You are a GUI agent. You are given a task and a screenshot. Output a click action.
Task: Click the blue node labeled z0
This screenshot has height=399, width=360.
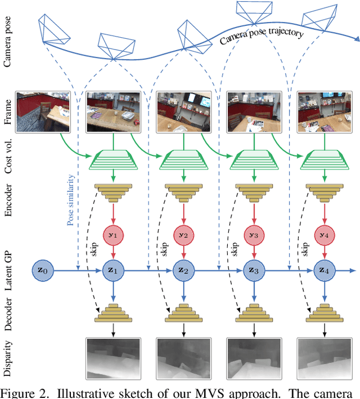(43, 271)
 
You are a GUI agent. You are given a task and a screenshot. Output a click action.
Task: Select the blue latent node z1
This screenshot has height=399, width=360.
(112, 271)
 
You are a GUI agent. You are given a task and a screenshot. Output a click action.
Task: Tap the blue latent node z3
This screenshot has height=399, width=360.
(253, 271)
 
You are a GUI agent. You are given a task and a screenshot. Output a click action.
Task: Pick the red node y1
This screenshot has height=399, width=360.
(112, 235)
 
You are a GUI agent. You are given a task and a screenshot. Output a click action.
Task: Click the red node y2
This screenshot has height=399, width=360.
(182, 235)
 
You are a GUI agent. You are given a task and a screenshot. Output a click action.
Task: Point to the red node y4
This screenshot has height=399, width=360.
(323, 235)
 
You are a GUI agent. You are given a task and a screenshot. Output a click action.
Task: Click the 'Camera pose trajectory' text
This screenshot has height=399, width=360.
(261, 37)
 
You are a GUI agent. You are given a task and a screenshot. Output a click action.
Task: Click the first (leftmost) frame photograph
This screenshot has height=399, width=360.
(42, 111)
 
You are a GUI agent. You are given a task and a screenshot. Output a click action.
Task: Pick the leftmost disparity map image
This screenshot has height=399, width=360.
(112, 358)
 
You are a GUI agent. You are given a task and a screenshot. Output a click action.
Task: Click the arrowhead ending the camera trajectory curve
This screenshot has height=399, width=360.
(355, 39)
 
